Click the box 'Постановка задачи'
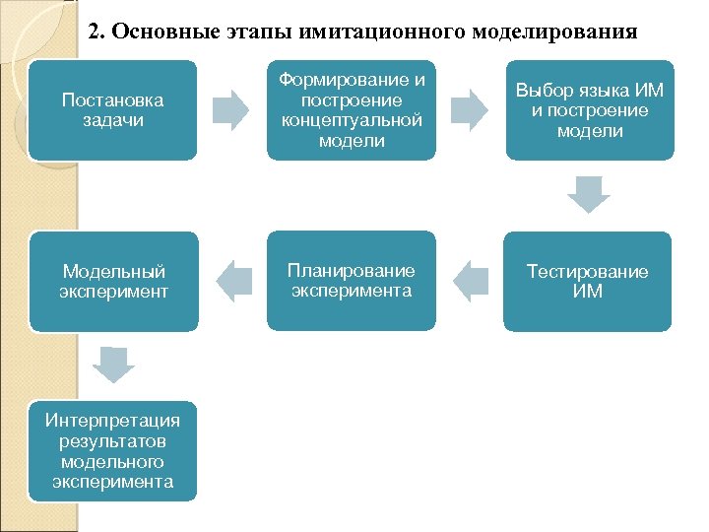[112, 109]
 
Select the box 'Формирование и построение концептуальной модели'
[352, 109]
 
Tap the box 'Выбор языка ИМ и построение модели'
[590, 109]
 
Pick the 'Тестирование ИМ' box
[588, 281]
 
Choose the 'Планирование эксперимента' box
[352, 281]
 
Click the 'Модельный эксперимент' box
[113, 281]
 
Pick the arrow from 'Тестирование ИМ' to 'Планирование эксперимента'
[471, 281]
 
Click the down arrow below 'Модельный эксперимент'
[113, 365]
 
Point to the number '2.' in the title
[97, 32]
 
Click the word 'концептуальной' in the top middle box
[352, 120]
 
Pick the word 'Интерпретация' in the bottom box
[113, 421]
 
